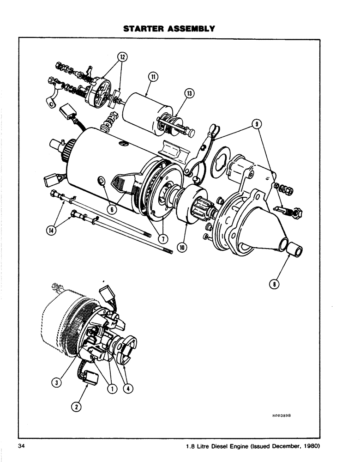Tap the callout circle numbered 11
153,77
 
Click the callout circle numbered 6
111,208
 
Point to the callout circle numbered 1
111,389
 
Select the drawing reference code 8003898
282,415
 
